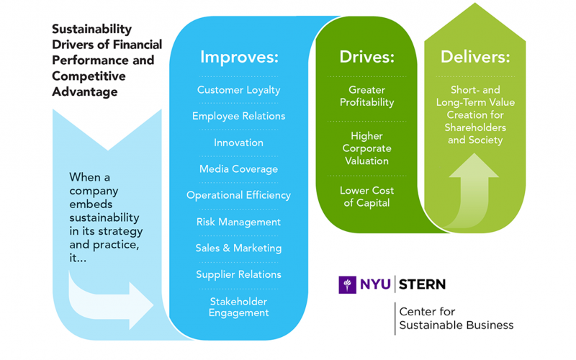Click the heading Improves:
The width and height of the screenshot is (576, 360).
tap(238, 57)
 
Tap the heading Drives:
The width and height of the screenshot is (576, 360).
tap(366, 57)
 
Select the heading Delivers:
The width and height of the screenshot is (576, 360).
tap(474, 57)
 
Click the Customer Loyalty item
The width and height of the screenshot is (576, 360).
tap(238, 90)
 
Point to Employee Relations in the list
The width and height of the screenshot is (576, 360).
tap(238, 116)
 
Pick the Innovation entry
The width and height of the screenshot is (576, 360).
tap(238, 143)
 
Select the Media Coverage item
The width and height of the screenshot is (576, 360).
tap(238, 169)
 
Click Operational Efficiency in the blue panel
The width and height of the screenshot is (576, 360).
tap(238, 195)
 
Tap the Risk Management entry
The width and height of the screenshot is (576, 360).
tap(238, 222)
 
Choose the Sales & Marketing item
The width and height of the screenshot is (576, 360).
tap(238, 248)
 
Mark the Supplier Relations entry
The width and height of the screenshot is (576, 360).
tap(238, 274)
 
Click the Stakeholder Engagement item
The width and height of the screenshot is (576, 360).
tap(238, 307)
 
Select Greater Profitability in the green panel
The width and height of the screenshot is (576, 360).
tap(366, 96)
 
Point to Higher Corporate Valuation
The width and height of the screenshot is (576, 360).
tap(366, 148)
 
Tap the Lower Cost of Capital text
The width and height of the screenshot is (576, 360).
tap(366, 197)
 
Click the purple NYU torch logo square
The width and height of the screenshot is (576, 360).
tap(348, 284)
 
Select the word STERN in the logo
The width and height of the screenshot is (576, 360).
tap(422, 284)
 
